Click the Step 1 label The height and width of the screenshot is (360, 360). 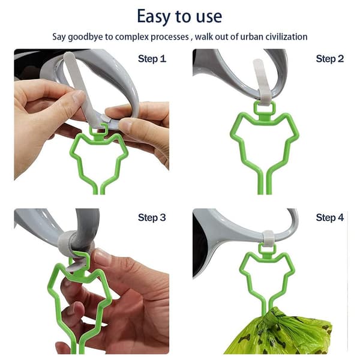(152, 59)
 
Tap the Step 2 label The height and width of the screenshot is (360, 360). (329, 59)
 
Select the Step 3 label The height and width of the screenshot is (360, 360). (152, 217)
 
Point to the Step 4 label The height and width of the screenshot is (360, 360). (329, 217)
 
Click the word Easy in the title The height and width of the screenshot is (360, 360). (154, 17)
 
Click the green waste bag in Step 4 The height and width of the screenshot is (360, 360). (279, 333)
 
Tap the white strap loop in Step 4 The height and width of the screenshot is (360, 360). (268, 238)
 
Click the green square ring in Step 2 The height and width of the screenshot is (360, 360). (265, 109)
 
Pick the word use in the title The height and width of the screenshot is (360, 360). (209, 17)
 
